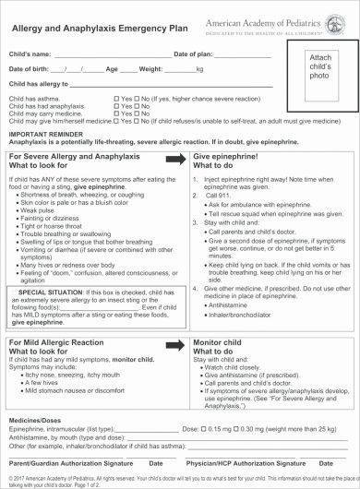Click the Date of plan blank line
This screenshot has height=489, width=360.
(248, 55)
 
